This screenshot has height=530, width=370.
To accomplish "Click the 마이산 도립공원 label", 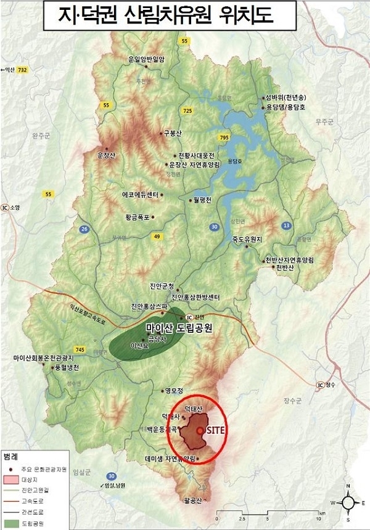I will click(x=179, y=328).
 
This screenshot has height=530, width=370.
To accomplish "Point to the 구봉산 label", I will click(x=173, y=133).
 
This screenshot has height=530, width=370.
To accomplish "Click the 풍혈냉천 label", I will click(x=64, y=366).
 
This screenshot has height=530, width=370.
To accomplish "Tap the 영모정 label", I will click(x=175, y=390).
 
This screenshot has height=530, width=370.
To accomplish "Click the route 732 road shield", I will click(x=23, y=71).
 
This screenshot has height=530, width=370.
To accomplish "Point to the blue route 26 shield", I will click(x=84, y=229).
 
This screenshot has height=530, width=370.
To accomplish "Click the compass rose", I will click(x=348, y=502).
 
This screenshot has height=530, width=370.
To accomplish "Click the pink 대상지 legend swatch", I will click(x=10, y=479).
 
